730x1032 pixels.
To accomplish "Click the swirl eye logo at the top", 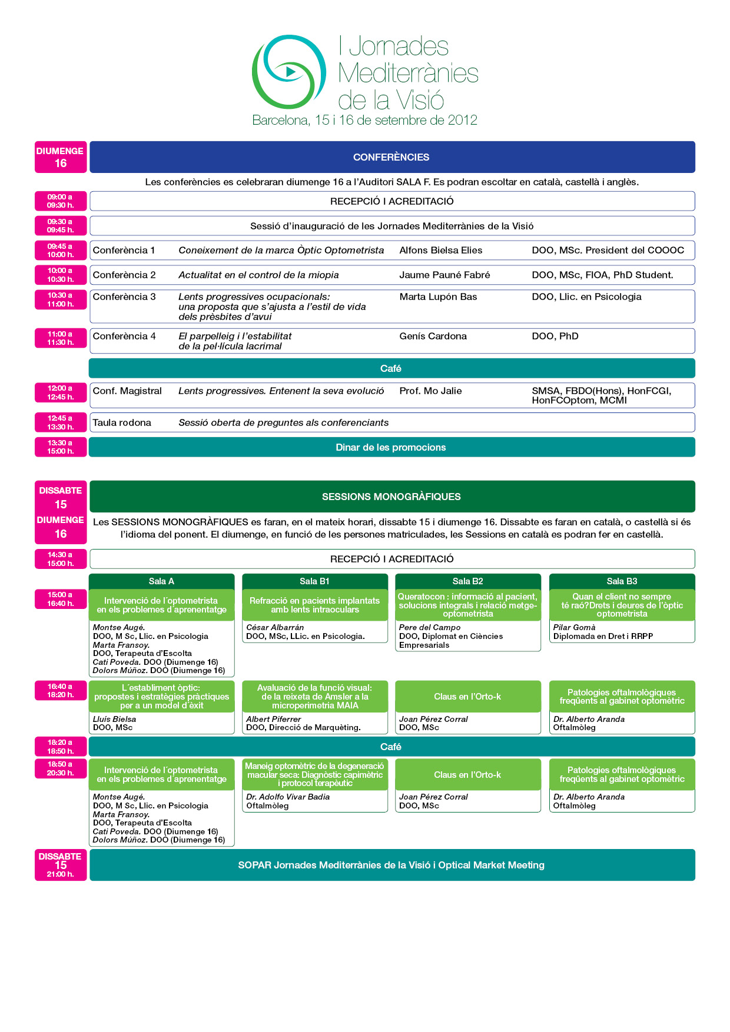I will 288,72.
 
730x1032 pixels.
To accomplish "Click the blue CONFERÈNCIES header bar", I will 391,157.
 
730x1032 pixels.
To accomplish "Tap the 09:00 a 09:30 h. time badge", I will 61,201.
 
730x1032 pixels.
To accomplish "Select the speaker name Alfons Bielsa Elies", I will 440,250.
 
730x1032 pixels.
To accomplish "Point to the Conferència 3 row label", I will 124,297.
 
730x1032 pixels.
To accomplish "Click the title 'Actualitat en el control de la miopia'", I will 258,275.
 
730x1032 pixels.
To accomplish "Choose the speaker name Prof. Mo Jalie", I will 430,391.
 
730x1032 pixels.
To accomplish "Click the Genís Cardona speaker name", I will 433,336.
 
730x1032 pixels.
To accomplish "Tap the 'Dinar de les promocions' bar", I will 391,447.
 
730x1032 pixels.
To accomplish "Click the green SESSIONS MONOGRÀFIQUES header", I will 391,497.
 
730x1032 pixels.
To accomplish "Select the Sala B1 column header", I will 314,581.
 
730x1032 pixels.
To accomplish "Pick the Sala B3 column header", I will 622,581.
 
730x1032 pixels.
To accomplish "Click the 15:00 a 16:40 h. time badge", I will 61,599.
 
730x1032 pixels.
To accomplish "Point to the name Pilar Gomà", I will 575,627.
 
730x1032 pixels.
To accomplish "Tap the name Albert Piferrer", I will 273,719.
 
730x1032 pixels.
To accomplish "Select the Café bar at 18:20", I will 391,747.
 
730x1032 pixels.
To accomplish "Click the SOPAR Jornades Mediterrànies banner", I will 391,865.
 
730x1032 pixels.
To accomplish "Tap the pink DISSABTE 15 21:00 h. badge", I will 61,865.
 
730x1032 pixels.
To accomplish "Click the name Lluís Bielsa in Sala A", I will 115,719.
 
